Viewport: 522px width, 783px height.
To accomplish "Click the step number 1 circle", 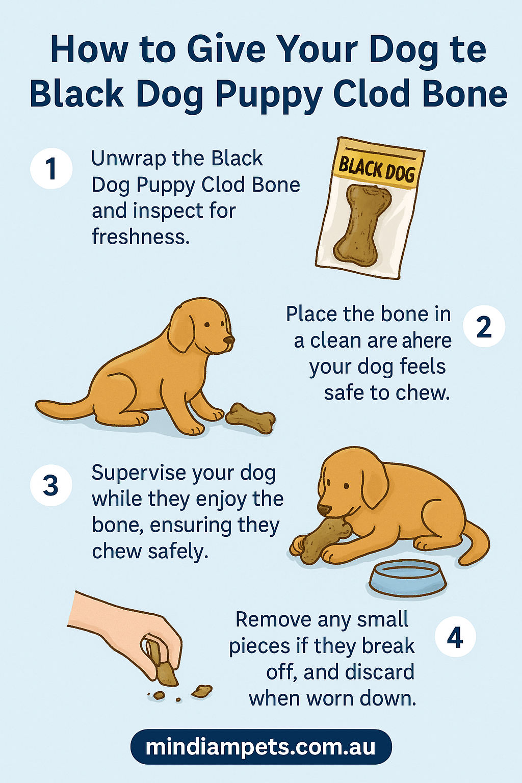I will (51, 169).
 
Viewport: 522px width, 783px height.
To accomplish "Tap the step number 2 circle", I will (484, 326).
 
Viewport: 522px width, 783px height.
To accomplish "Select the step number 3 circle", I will (51, 485).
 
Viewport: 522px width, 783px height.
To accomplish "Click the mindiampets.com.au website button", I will (261, 747).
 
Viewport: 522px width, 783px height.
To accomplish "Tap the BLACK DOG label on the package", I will (377, 169).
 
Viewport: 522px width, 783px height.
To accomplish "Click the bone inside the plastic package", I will (362, 224).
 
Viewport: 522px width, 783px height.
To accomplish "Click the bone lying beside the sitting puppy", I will (250, 417).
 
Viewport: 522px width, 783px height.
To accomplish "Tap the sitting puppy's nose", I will (229, 340).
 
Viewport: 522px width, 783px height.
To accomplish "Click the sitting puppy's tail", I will (61, 409).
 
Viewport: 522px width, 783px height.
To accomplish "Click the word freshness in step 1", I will (141, 237).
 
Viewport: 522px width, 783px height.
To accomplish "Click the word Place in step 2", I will (311, 314).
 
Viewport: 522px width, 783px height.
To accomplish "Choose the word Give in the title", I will (226, 49).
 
